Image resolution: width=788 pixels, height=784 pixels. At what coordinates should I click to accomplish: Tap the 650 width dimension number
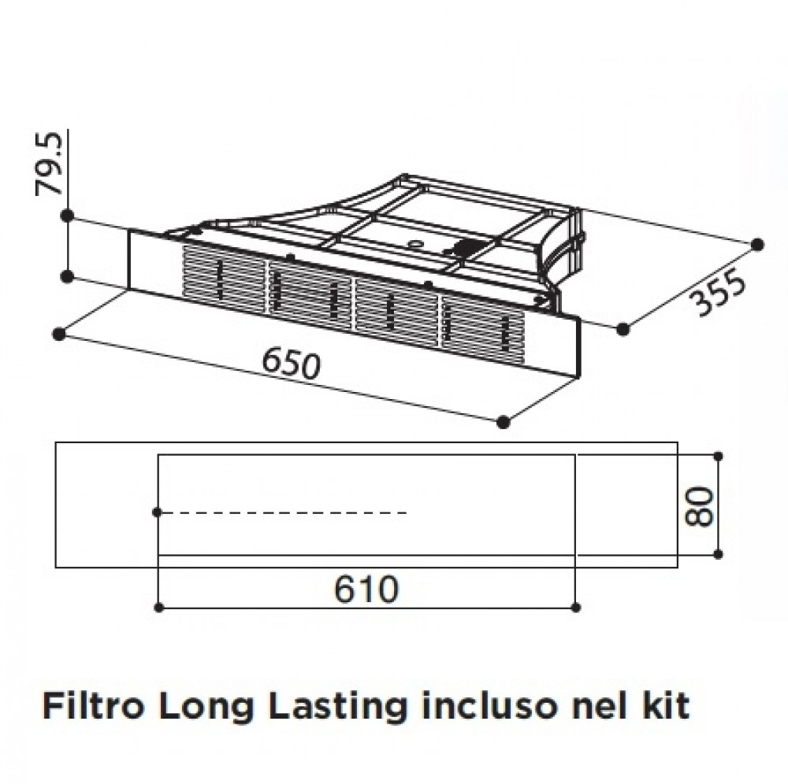coord(291,364)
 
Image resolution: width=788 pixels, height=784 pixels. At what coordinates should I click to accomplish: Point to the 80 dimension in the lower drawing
coord(700,506)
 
